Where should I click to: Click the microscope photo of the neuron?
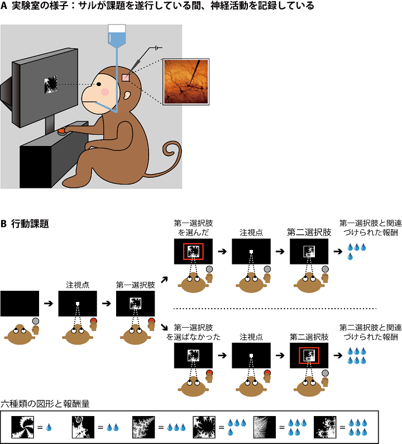186,82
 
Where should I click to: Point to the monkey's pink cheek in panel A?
104,92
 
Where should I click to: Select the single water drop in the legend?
49,427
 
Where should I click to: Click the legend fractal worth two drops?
82,427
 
